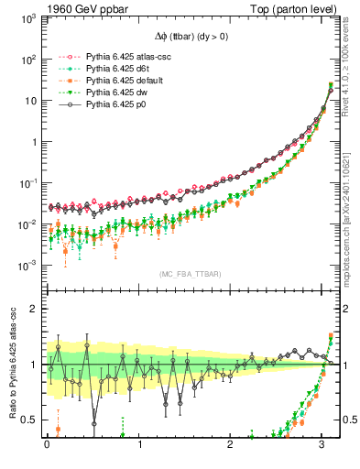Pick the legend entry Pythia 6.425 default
(120, 81)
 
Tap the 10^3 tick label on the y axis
(28, 18)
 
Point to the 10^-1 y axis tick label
(27, 183)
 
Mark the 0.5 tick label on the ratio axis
(30, 420)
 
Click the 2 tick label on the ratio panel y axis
(35, 309)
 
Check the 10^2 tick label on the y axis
(28, 60)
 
